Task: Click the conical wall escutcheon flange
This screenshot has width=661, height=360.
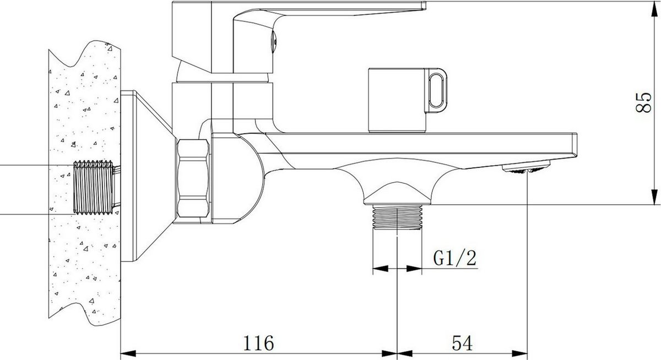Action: coord(146,176)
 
